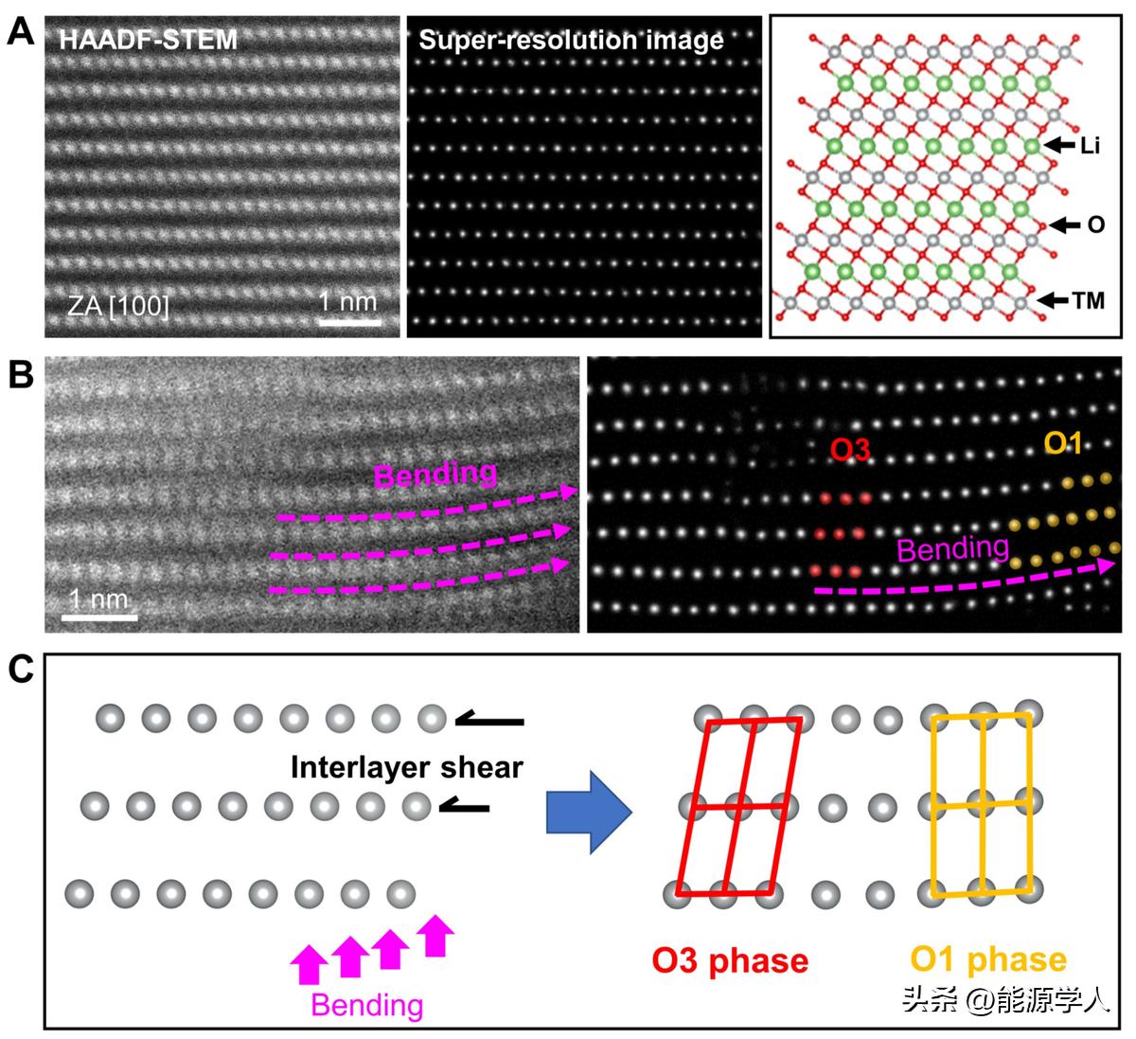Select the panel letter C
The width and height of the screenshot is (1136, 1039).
pyautogui.click(x=21, y=670)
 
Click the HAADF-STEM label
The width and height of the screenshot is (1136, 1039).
pyautogui.click(x=149, y=40)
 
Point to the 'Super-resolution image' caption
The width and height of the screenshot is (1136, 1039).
pyautogui.click(x=571, y=40)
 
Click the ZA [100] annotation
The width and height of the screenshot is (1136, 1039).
pyautogui.click(x=117, y=306)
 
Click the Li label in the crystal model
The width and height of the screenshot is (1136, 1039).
pyautogui.click(x=1090, y=146)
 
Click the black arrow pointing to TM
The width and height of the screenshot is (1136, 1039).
pyautogui.click(x=1054, y=300)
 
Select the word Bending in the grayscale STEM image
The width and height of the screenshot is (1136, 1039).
pyautogui.click(x=435, y=474)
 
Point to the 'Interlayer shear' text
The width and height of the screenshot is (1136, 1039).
pyautogui.click(x=406, y=766)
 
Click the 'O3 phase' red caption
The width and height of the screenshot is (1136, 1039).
pyautogui.click(x=730, y=960)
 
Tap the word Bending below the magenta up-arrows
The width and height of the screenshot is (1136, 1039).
pyautogui.click(x=367, y=1004)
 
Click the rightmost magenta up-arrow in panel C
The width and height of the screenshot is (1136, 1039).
pyautogui.click(x=435, y=935)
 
